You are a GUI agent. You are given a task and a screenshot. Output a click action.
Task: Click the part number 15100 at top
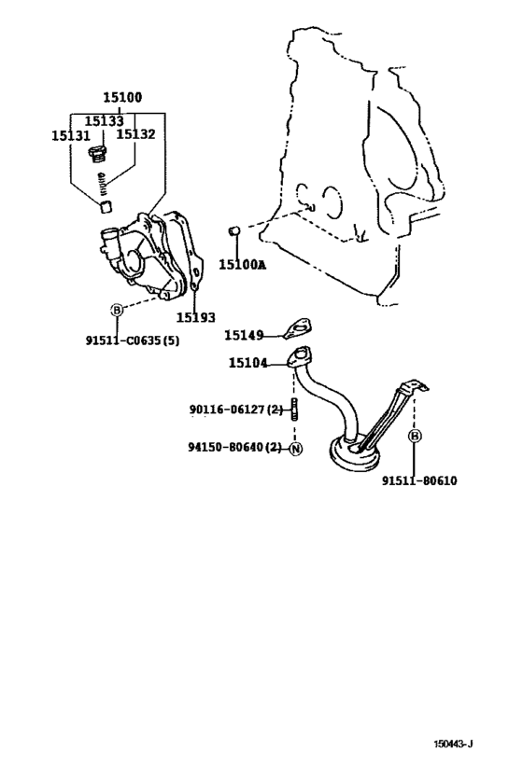(x=122, y=97)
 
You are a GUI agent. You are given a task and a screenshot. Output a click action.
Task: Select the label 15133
(x=104, y=121)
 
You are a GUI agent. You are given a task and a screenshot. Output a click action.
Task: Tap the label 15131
(x=71, y=136)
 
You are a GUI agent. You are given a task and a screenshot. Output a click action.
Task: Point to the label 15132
(x=135, y=134)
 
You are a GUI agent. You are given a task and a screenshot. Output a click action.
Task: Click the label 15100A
(x=243, y=265)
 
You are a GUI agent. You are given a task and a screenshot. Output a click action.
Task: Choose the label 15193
(x=195, y=318)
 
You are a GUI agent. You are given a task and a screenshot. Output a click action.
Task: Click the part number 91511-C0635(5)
(x=133, y=340)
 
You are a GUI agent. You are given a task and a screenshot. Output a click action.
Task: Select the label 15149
(x=244, y=335)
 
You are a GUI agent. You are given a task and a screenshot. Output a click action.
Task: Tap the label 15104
(x=248, y=363)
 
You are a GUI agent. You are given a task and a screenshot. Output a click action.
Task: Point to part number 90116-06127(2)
(x=236, y=410)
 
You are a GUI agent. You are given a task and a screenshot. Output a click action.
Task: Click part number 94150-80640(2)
(x=235, y=447)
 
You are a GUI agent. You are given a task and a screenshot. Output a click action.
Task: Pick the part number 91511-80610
(x=419, y=481)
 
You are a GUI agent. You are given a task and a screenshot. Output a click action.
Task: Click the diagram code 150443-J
(x=454, y=743)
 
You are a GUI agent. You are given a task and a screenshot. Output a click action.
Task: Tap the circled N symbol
(x=296, y=449)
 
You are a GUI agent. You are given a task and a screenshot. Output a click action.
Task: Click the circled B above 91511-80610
(x=415, y=436)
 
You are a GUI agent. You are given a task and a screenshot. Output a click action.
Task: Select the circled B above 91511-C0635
(x=117, y=310)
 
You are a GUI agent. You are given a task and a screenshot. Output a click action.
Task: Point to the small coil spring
(x=102, y=184)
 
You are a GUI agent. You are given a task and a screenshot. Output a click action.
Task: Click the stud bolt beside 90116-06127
(x=295, y=409)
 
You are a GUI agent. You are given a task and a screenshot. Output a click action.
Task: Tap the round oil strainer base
(x=355, y=454)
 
